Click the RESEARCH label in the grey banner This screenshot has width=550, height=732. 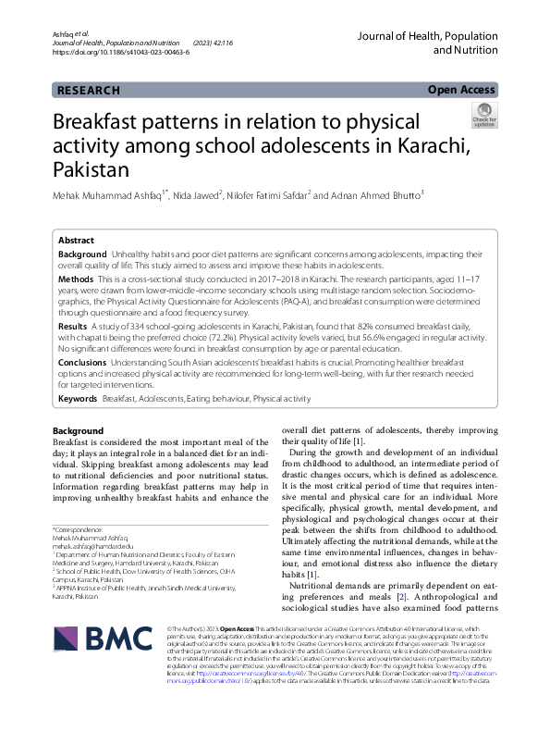(x=89, y=91)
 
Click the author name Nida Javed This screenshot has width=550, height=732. (x=199, y=195)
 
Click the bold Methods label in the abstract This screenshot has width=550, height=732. (x=76, y=279)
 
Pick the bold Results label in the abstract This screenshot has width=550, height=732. (x=74, y=327)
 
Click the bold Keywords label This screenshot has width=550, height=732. (x=78, y=397)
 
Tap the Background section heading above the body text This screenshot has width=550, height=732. (x=78, y=431)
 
